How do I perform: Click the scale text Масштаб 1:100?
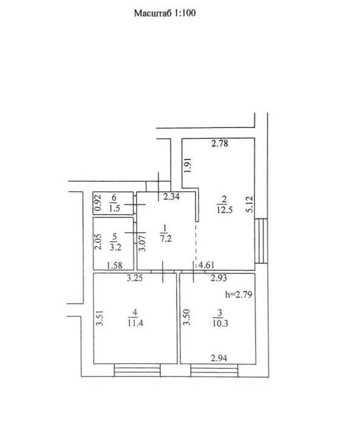[x=165, y=13]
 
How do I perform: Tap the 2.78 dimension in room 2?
[x=220, y=143]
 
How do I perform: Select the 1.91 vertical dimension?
[x=188, y=165]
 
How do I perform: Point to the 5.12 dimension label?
[x=250, y=205]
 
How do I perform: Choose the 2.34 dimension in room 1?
[x=172, y=197]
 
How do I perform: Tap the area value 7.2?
[x=166, y=239]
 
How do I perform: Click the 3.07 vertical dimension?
[x=142, y=244]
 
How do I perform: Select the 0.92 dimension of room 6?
[x=98, y=203]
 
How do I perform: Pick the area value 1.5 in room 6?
[x=114, y=208]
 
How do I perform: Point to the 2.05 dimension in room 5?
[x=98, y=242]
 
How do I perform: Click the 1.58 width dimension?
[x=115, y=265]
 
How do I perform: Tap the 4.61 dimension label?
[x=206, y=265]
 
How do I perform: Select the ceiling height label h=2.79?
[x=239, y=294]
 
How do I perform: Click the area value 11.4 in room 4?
[x=135, y=323]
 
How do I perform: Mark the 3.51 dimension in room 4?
[x=100, y=318]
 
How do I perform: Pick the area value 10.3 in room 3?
[x=220, y=324]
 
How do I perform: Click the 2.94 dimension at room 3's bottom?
[x=219, y=358]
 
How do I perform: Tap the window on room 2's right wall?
[x=261, y=241]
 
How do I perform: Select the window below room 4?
[x=137, y=370]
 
